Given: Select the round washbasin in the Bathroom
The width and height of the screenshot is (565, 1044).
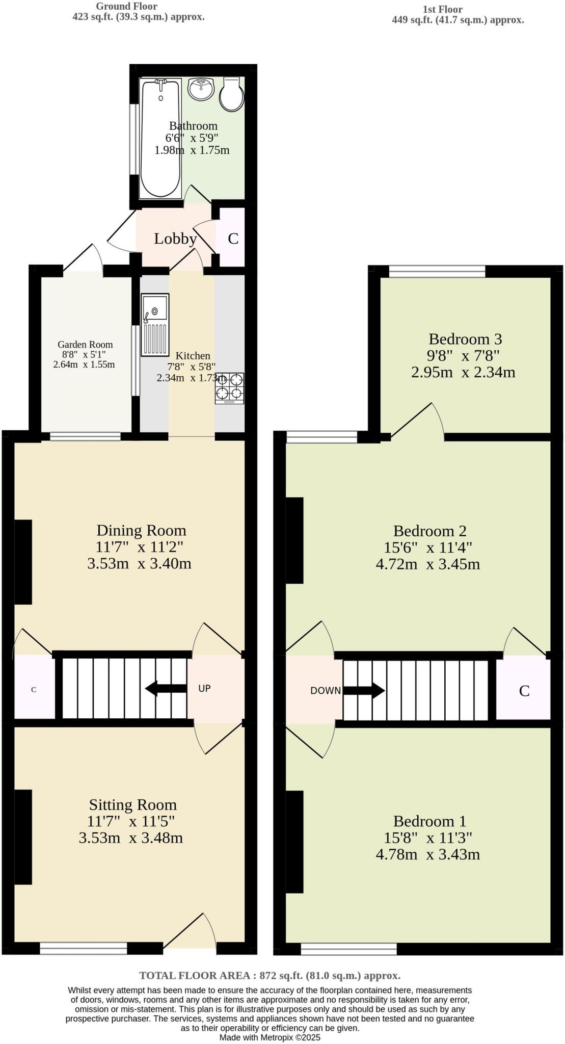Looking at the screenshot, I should click(x=201, y=89).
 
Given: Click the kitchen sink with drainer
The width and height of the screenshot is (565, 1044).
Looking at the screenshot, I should click(x=155, y=324).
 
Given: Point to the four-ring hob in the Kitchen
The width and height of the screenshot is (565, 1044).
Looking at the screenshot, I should click(x=229, y=388).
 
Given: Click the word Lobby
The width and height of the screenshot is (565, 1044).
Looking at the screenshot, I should click(x=175, y=239).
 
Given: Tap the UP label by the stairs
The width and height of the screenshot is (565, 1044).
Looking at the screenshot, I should click(x=204, y=688).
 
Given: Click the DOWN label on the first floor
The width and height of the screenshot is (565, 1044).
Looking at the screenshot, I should click(x=326, y=691).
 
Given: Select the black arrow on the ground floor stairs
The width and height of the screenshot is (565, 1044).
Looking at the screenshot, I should click(x=165, y=688).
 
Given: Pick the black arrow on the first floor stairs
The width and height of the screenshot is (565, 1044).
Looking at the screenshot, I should click(x=364, y=691).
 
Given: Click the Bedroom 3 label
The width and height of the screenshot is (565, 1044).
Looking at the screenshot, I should click(x=465, y=339).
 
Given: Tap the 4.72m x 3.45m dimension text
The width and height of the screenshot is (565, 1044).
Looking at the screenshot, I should click(x=427, y=564).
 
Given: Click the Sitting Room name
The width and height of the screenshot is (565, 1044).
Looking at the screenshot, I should click(x=132, y=804).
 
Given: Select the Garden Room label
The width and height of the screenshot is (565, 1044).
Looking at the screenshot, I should click(x=85, y=345).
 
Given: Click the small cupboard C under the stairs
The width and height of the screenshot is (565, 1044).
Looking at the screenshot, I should click(x=34, y=690).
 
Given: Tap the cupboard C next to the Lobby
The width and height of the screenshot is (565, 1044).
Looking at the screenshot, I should click(x=233, y=239).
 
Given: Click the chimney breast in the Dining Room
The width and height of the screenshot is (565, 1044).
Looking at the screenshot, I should click(x=23, y=562).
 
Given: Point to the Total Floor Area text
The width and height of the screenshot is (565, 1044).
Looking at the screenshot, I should click(x=270, y=975).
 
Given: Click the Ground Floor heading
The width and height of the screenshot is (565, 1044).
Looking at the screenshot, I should click(x=126, y=7).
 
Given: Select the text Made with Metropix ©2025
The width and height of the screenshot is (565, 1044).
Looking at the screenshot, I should click(x=270, y=1037).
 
